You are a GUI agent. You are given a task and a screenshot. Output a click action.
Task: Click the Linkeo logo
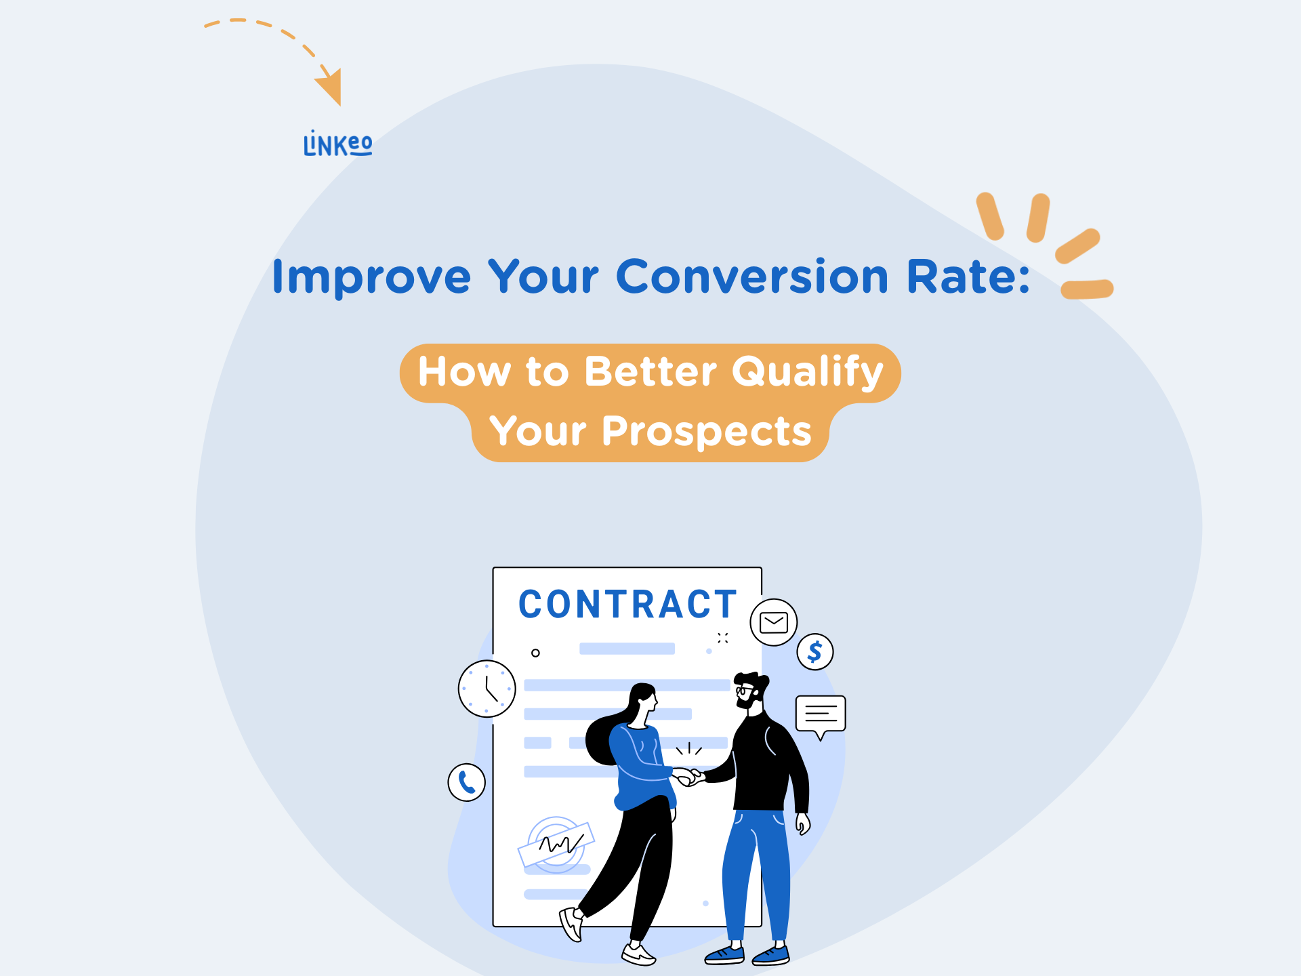tap(337, 143)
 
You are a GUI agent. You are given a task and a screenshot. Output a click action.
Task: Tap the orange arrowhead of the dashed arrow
tap(330, 87)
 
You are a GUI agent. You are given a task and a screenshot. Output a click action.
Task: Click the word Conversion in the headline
tap(751, 277)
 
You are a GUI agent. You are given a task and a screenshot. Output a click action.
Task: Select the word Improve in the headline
tap(371, 278)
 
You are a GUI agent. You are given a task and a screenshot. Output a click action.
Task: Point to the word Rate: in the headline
tap(968, 277)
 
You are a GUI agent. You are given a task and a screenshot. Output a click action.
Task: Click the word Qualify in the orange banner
tap(808, 372)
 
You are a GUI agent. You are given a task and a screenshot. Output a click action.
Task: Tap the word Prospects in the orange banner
tap(706, 432)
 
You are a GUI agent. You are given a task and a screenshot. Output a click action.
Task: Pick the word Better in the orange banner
tap(650, 371)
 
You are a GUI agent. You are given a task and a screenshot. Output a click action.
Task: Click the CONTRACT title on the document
tap(627, 605)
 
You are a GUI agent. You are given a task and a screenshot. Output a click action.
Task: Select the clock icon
tap(487, 689)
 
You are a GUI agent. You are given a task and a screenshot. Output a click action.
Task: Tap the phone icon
tap(467, 782)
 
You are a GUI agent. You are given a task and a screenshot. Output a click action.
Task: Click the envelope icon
tap(774, 622)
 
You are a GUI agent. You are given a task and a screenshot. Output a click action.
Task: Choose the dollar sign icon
tap(815, 651)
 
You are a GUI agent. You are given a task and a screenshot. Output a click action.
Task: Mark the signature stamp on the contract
tap(556, 845)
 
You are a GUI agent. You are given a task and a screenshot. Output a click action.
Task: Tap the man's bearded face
tap(749, 693)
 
